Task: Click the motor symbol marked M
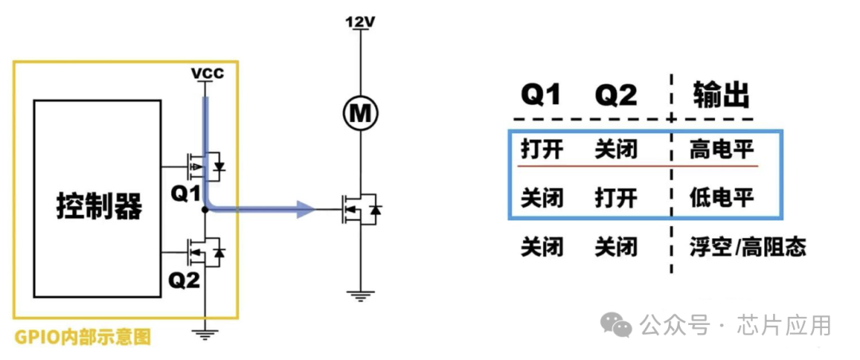tap(362, 114)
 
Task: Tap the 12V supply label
tap(361, 22)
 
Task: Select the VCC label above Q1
tap(207, 74)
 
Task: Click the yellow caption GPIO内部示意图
tap(83, 337)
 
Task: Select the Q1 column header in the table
tap(541, 96)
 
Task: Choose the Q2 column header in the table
tap(616, 96)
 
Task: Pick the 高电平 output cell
tap(721, 150)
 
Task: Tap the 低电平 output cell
tap(721, 197)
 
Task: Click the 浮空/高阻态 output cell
tap(748, 247)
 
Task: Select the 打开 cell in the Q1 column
tap(542, 150)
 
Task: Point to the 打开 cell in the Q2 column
tap(616, 197)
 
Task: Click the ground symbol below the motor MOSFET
tap(362, 295)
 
